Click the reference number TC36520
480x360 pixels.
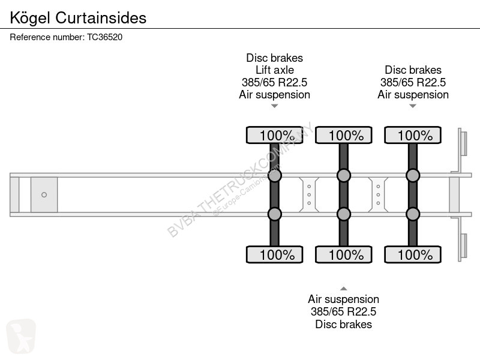pos(104,37)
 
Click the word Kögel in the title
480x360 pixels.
pos(29,18)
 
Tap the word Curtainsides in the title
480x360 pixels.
pos(101,18)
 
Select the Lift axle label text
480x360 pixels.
pos(275,70)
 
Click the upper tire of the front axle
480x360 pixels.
pos(275,135)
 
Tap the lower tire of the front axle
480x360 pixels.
pos(275,254)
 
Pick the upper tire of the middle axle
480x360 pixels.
pos(343,135)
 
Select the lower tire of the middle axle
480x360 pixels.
pos(343,254)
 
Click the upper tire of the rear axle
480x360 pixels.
pos(413,135)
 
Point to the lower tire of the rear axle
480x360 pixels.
pos(413,254)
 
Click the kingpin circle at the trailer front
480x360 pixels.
pos(44,194)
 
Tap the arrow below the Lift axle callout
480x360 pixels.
pos(275,106)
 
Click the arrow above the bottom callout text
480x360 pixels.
pos(343,289)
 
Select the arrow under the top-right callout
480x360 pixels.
pos(413,106)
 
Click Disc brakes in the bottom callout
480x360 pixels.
pos(343,324)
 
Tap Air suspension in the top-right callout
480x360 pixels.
pos(413,95)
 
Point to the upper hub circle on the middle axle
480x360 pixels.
pos(343,175)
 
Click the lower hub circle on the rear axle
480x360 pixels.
pos(413,214)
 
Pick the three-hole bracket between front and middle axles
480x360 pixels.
pos(309,194)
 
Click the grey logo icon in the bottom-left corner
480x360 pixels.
pos(21,336)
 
